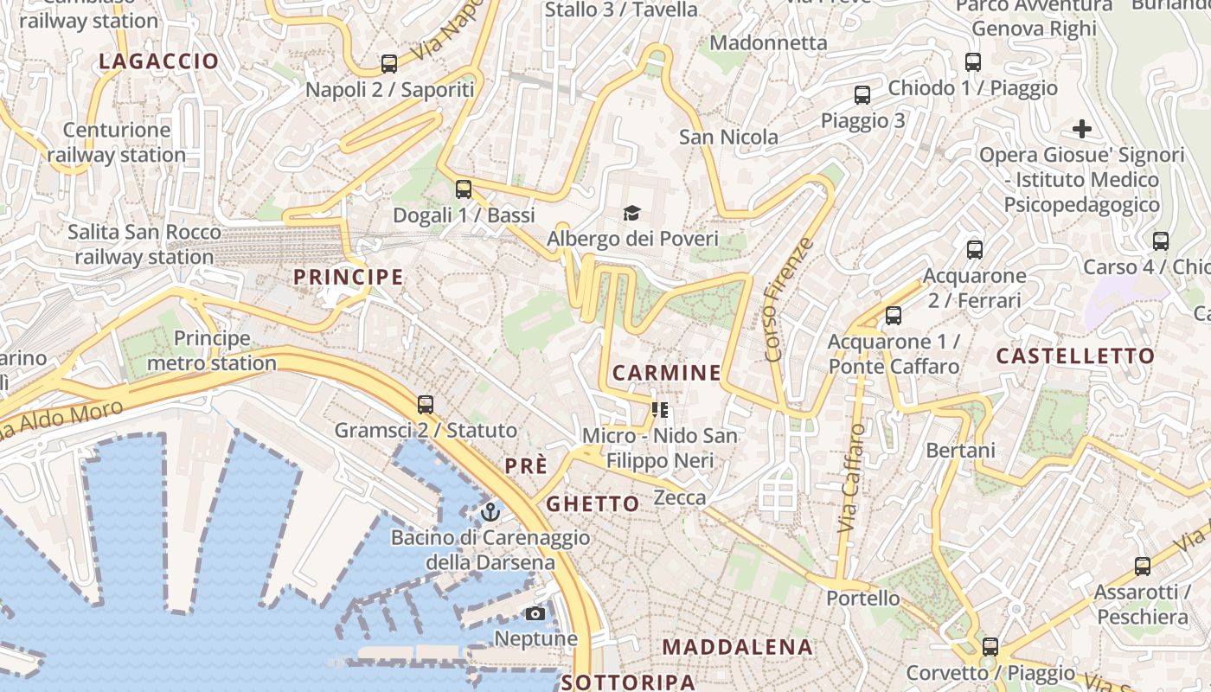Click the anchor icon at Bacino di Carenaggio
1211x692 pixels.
490,511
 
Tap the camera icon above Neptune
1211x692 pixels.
535,613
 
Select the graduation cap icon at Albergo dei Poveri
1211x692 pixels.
632,213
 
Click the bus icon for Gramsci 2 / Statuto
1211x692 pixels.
425,404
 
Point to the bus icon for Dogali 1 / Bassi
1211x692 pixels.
464,189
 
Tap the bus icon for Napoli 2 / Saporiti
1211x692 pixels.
389,63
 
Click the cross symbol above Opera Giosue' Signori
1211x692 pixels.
1081,130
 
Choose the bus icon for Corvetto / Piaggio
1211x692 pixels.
990,646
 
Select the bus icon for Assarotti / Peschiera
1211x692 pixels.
1143,567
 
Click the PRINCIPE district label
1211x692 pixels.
349,277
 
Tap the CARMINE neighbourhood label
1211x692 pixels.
667,373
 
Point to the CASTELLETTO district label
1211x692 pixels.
1075,356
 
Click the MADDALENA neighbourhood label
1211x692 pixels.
738,647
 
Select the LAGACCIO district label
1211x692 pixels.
159,61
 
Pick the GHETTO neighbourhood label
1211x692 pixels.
593,503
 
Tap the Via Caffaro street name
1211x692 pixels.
851,477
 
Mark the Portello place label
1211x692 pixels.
862,598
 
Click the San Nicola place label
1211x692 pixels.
728,137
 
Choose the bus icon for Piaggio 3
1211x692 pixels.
862,95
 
